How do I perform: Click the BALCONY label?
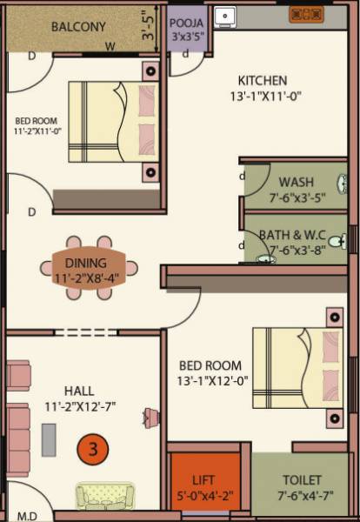pos(78,27)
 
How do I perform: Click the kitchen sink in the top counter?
pos(225,15)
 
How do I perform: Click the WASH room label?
pos(296,182)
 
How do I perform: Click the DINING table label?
pos(85,263)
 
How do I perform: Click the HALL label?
pos(78,391)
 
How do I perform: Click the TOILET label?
pos(302,479)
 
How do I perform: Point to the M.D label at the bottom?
pos(27,515)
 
